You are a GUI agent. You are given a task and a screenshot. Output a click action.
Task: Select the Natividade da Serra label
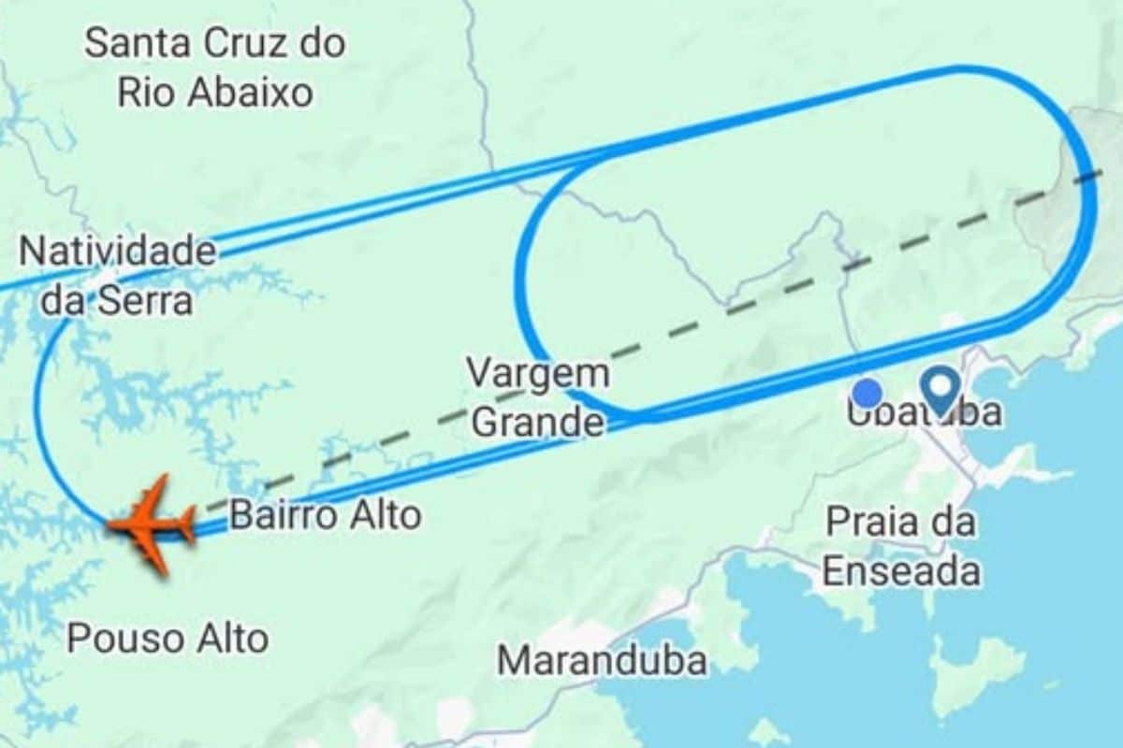pyautogui.click(x=117, y=276)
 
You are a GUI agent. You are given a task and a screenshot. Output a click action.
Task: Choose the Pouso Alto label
pyautogui.click(x=168, y=639)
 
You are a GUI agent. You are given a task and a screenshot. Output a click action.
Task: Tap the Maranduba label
pyautogui.click(x=602, y=660)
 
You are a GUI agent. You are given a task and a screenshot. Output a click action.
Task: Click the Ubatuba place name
pyautogui.click(x=925, y=412)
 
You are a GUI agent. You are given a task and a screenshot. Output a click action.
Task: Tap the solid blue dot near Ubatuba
pyautogui.click(x=868, y=393)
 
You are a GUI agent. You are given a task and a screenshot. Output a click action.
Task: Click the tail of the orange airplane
pyautogui.click(x=187, y=525)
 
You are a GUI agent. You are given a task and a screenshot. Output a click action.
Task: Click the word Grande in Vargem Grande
pyautogui.click(x=537, y=423)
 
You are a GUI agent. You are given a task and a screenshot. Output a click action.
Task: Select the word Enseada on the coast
pyautogui.click(x=901, y=571)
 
